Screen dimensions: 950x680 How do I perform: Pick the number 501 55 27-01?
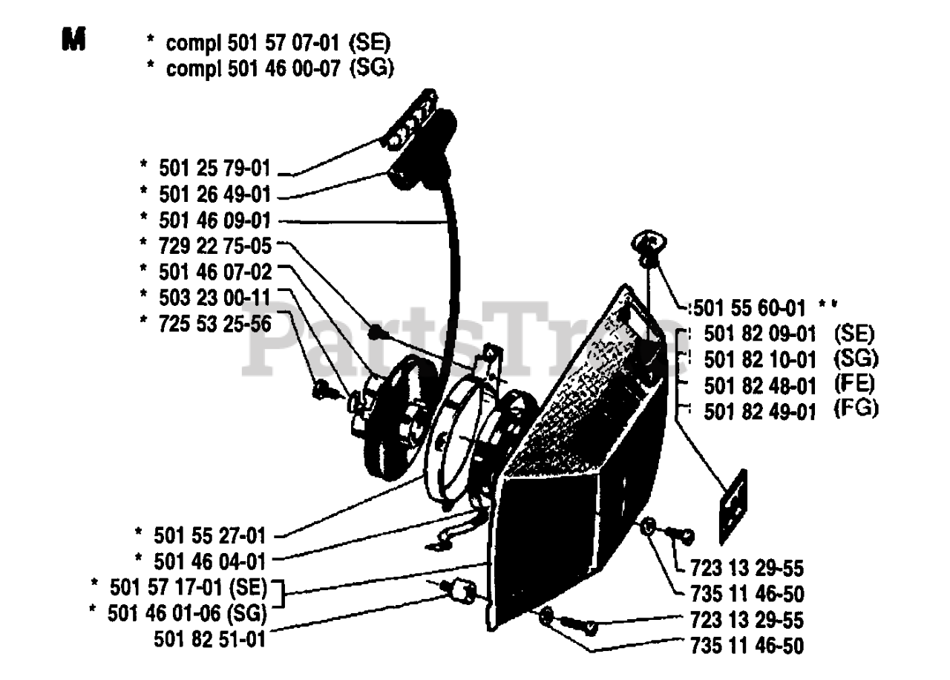(209, 533)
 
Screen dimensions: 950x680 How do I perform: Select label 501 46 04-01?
(209, 559)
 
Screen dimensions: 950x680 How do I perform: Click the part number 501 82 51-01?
(210, 638)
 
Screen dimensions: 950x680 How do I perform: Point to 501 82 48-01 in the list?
(760, 385)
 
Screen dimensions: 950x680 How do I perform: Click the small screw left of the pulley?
(323, 387)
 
